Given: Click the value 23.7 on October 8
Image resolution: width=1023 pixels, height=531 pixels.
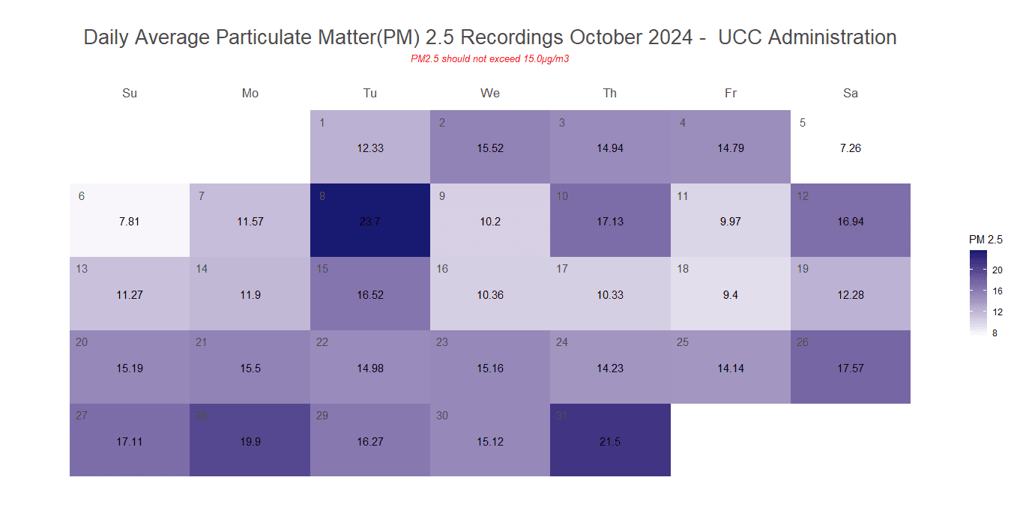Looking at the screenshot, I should click(370, 222).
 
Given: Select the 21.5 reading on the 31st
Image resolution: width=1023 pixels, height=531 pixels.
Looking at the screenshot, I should click(610, 442).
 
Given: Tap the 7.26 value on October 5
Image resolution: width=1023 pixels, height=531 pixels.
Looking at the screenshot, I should click(851, 148).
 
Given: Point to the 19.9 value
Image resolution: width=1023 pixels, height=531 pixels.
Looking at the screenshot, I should click(250, 442).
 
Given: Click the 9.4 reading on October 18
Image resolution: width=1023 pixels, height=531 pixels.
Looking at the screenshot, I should click(730, 295).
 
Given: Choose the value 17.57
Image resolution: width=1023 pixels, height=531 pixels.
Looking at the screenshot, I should click(851, 368).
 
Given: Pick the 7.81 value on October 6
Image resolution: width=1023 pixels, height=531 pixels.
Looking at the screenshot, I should click(130, 222).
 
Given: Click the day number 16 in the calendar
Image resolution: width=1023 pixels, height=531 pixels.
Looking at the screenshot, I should click(442, 269).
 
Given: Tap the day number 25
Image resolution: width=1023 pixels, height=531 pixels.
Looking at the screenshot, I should click(683, 342).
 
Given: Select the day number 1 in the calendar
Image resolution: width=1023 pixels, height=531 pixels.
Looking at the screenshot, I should click(322, 123).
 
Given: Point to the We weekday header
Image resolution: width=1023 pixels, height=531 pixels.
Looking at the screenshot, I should click(490, 94).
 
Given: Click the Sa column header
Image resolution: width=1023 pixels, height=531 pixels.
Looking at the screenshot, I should click(851, 94).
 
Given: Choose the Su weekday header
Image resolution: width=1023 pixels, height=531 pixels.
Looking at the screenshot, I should click(130, 94).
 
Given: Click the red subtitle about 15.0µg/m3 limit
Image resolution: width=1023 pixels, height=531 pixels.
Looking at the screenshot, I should click(489, 58).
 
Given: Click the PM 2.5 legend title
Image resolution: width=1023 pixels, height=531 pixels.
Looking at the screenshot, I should click(986, 240).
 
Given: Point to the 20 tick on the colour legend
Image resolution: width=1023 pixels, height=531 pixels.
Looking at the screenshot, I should click(998, 270).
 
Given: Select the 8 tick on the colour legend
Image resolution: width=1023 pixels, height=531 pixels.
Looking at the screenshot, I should click(995, 333).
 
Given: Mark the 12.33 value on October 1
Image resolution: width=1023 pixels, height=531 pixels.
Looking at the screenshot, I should click(370, 148).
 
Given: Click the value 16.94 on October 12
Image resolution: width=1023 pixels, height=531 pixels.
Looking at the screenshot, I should click(851, 222).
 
